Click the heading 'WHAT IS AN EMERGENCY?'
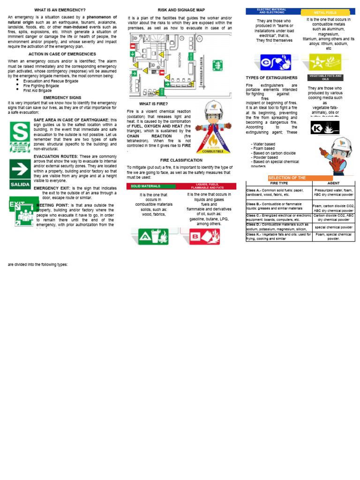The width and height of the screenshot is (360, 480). (x=60, y=10)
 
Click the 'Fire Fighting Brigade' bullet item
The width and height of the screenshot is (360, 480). (x=41, y=86)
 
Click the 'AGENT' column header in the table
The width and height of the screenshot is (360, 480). (x=334, y=183)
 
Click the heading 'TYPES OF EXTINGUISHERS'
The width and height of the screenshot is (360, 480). (x=271, y=77)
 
